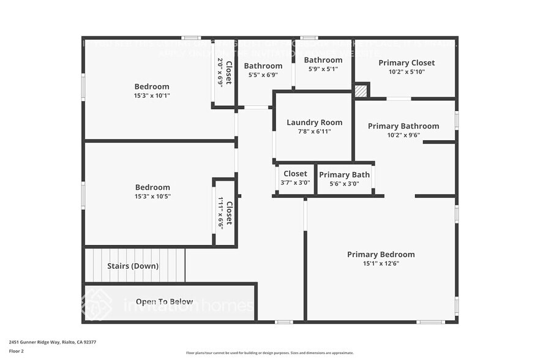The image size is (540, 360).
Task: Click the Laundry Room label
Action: point(314,122)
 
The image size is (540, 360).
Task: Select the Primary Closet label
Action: point(407,62)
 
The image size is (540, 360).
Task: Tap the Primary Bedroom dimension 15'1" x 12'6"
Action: point(381,263)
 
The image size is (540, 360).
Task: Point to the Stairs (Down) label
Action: point(133,266)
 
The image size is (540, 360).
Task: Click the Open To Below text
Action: point(164,301)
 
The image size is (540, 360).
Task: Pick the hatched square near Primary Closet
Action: point(361,91)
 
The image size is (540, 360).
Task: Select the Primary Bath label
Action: point(344,174)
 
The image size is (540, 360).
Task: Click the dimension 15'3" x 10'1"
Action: point(152,96)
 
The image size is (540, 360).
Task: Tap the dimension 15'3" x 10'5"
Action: point(152,197)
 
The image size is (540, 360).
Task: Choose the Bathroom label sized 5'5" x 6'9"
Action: point(263,66)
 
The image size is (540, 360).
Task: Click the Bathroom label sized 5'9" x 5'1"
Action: point(323,60)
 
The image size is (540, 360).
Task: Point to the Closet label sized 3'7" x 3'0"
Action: point(295,174)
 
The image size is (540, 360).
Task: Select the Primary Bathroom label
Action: point(403,126)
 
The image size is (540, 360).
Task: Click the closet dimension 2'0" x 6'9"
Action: point(220,72)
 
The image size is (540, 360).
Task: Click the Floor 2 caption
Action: point(16,351)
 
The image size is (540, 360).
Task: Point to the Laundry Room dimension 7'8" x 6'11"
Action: point(314,131)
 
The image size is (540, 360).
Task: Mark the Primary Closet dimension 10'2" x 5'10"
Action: point(407,72)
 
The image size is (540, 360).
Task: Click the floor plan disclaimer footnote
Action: point(269,353)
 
